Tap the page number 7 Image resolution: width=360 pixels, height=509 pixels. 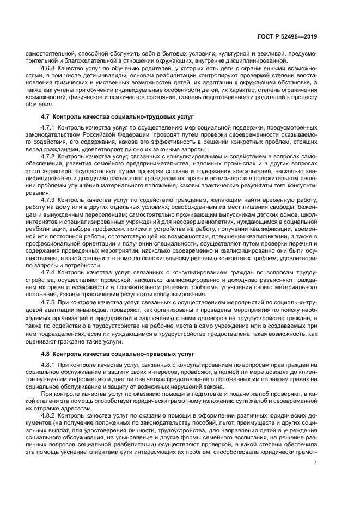315,463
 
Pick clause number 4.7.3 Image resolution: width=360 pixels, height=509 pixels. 49,199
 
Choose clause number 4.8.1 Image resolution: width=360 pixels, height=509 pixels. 49,365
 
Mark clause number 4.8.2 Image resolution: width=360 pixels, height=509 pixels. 49,415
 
